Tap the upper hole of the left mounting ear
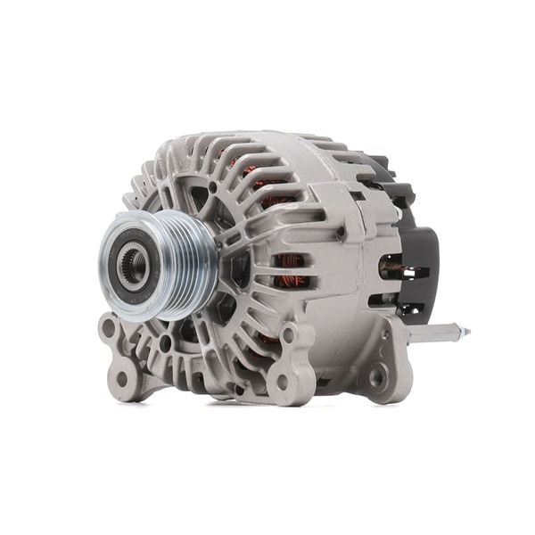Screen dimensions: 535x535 click(109, 328)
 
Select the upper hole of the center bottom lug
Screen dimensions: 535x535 click(288, 337)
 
